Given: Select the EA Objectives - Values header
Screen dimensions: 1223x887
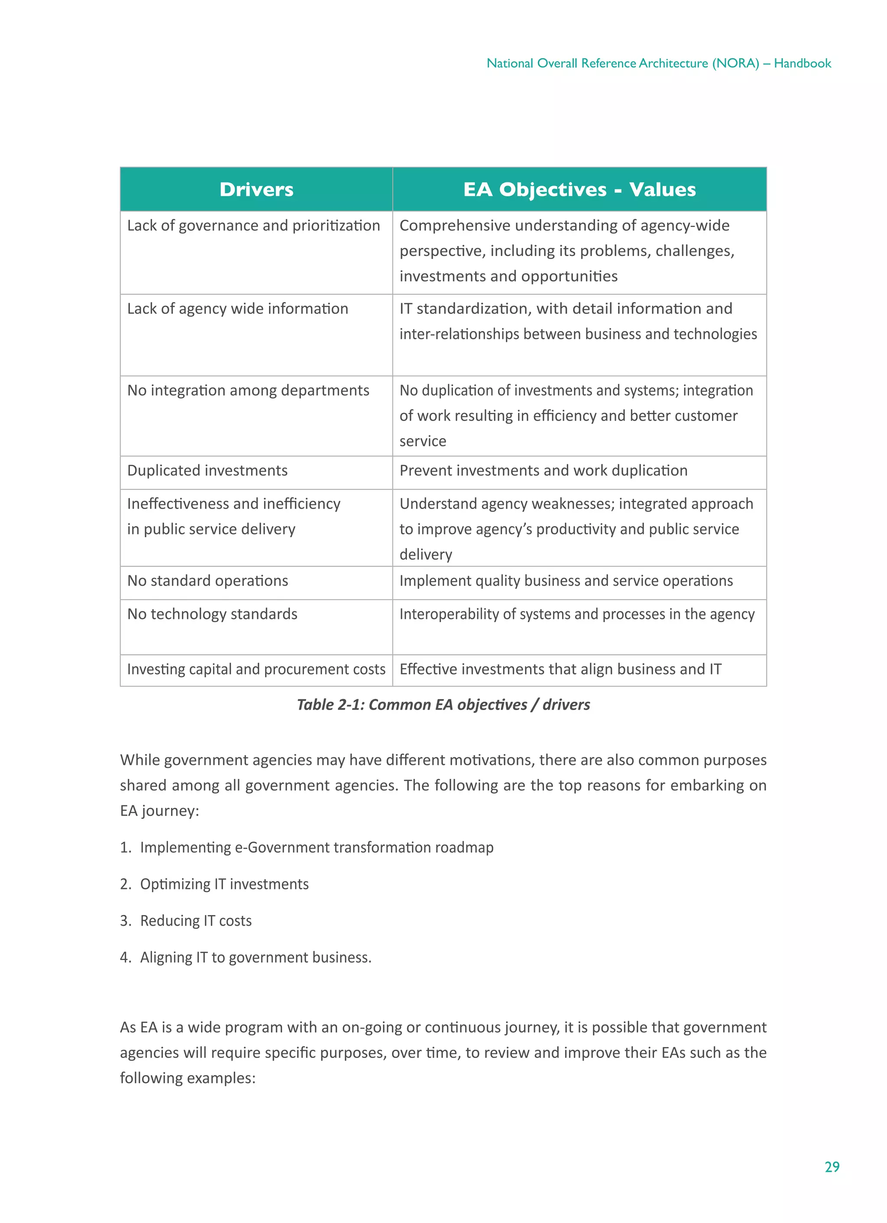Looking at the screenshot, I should [x=579, y=189].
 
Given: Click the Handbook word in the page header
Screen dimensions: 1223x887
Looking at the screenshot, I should [x=803, y=63].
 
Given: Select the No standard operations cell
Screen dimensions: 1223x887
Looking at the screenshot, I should [x=207, y=581].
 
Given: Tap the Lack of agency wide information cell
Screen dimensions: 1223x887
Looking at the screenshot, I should [x=237, y=308].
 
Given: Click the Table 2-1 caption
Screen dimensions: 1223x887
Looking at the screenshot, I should [x=443, y=704].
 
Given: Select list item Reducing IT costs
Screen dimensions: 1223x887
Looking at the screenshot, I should [x=196, y=921].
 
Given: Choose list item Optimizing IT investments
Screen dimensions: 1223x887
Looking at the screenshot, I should [x=224, y=884].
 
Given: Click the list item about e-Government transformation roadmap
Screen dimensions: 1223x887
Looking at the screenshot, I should [x=317, y=847].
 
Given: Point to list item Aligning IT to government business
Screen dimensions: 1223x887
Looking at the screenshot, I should [x=256, y=957].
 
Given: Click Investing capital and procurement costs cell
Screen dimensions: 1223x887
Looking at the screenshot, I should [x=256, y=669].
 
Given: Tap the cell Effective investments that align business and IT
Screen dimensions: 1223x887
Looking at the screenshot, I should [x=560, y=669].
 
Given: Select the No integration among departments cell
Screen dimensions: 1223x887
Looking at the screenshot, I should [x=248, y=390].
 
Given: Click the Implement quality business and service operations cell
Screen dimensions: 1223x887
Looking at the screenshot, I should [x=566, y=581].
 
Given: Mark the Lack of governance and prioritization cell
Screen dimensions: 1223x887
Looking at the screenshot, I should [x=253, y=225].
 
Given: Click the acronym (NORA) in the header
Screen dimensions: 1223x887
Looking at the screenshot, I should [x=735, y=63].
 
